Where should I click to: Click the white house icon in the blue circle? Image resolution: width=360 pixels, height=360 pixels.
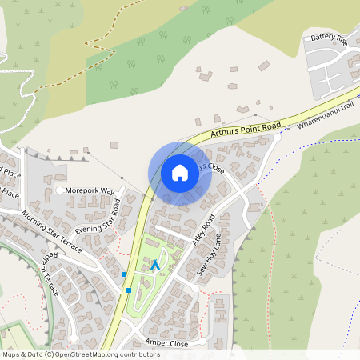[x=179, y=172]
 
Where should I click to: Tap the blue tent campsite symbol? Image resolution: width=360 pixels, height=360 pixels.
[x=155, y=264]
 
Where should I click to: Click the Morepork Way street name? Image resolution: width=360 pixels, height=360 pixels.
[x=90, y=190]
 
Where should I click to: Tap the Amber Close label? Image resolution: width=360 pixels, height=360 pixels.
[x=166, y=342]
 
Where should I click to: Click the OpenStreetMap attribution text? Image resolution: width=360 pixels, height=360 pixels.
[x=82, y=354]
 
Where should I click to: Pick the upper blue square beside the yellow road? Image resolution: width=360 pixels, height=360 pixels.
[x=124, y=274]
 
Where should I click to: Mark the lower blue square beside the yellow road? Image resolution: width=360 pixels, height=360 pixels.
[x=128, y=290]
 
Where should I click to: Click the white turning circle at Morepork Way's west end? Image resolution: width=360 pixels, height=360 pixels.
[x=60, y=190]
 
